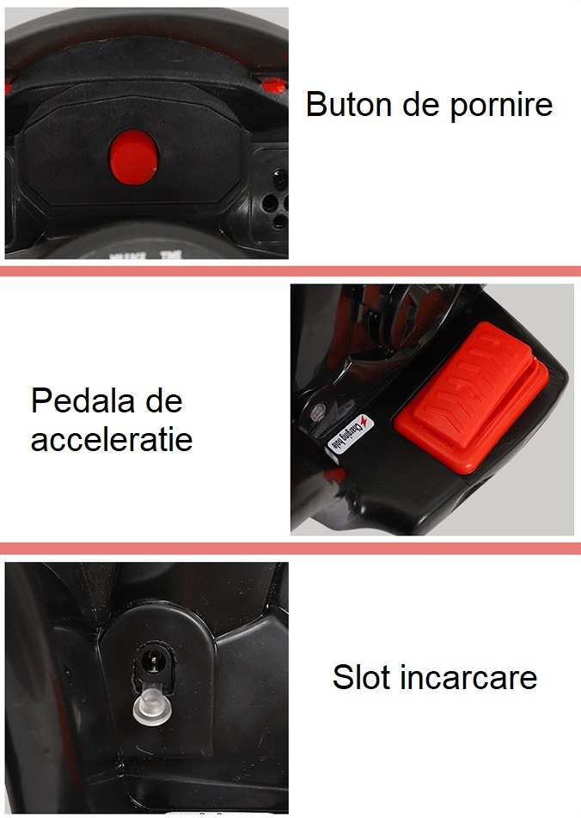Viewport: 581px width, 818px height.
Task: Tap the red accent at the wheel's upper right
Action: (272, 84)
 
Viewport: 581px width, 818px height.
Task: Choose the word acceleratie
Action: (112, 440)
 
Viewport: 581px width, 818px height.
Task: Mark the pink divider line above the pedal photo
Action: (290, 271)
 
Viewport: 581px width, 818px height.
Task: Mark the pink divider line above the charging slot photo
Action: (290, 548)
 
